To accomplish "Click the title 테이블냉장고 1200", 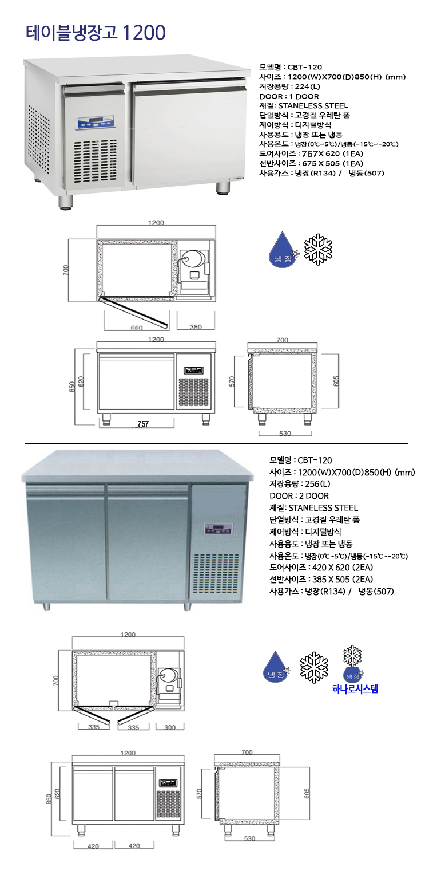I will (96, 32).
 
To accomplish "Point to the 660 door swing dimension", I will (136, 328).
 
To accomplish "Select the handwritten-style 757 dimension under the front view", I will (143, 424).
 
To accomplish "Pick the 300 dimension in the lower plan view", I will (170, 727).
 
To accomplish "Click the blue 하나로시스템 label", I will (355, 689).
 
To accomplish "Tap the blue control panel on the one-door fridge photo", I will (94, 121).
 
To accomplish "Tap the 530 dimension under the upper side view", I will (284, 433).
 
